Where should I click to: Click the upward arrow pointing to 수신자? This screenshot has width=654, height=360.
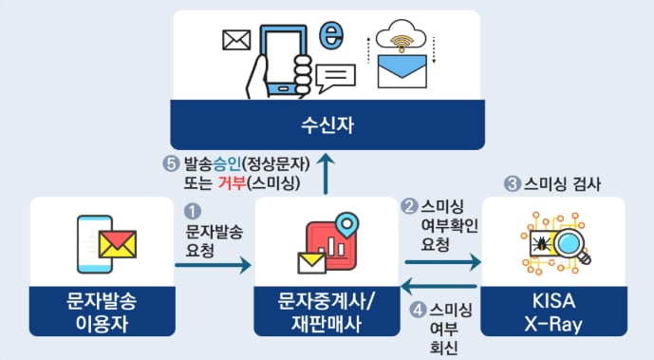pyautogui.click(x=326, y=172)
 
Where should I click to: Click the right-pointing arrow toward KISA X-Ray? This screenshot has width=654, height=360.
pyautogui.click(x=442, y=260)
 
